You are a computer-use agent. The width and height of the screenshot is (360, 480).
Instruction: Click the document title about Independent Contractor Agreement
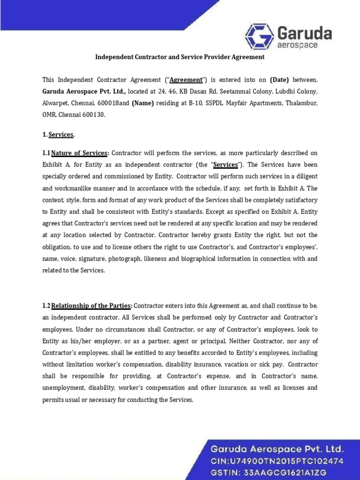click(x=180, y=57)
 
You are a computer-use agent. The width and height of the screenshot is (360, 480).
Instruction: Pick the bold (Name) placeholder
click(x=143, y=103)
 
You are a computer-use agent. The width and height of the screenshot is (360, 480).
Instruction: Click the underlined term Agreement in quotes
click(x=186, y=80)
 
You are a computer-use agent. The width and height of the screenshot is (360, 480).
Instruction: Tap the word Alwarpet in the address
click(x=55, y=103)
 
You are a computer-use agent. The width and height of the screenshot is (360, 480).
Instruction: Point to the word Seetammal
click(x=214, y=91)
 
